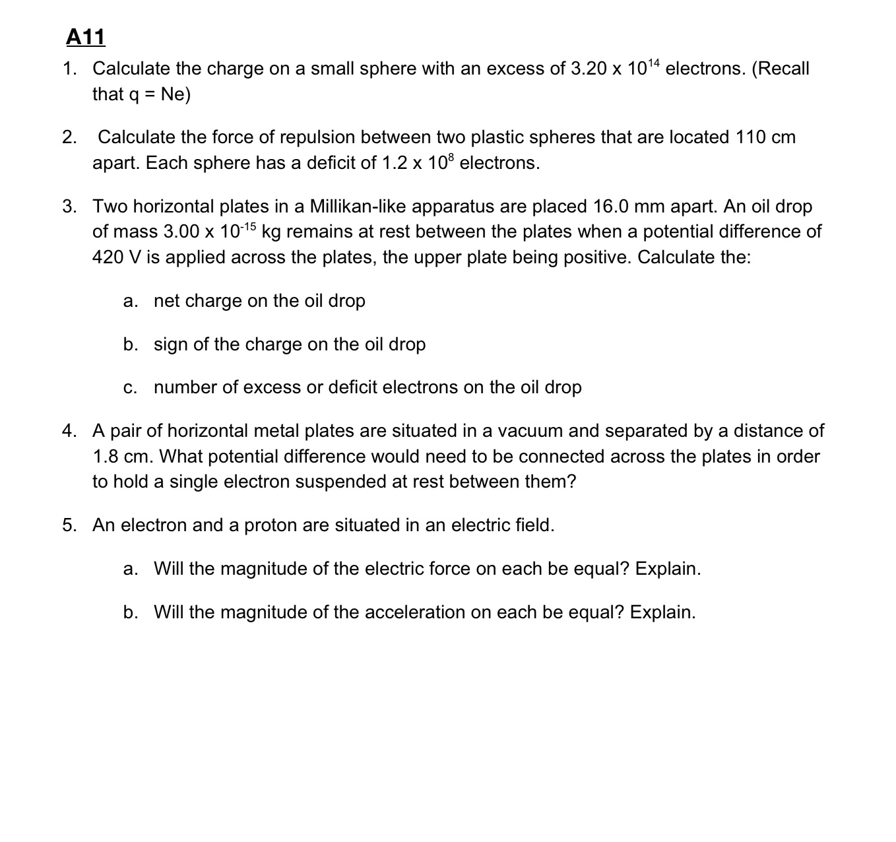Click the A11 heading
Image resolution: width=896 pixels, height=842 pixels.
click(x=86, y=37)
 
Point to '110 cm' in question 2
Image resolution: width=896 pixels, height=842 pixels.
click(x=765, y=137)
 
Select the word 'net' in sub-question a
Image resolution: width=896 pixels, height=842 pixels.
click(x=167, y=301)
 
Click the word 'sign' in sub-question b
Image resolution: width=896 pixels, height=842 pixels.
click(x=171, y=344)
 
